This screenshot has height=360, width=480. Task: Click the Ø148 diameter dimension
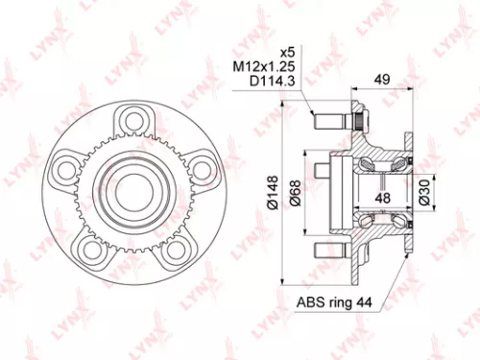[x=275, y=187]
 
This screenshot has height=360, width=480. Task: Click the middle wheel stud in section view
[x=317, y=183]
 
